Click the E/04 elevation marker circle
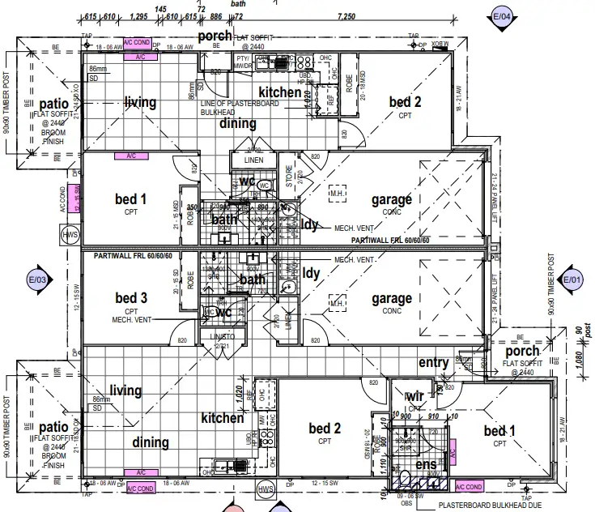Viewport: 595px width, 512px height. [x=502, y=15]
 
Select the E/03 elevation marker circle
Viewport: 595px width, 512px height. [x=38, y=280]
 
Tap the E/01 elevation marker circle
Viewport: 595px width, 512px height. [x=572, y=280]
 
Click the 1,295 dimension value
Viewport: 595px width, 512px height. [x=138, y=16]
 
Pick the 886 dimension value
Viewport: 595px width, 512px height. [x=215, y=16]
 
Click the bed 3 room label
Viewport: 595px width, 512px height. [x=131, y=299]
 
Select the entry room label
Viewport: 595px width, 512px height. [x=433, y=364]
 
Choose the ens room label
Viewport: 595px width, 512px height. [x=426, y=465]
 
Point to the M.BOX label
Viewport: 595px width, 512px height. [x=439, y=43]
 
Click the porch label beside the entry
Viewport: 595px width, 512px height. [x=522, y=352]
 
